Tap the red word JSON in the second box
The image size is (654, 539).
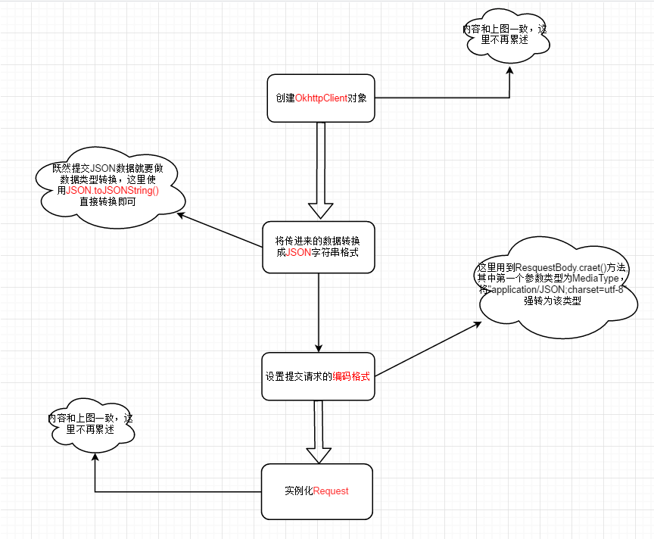299,253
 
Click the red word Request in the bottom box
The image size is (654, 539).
331,491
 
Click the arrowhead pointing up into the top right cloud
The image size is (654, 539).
509,70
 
